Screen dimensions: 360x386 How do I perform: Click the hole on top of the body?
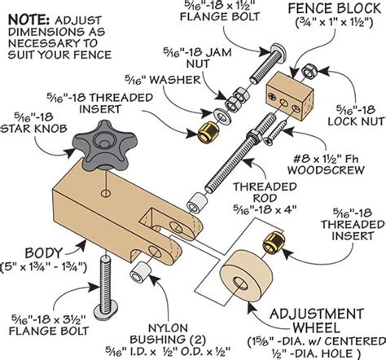[105, 192]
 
